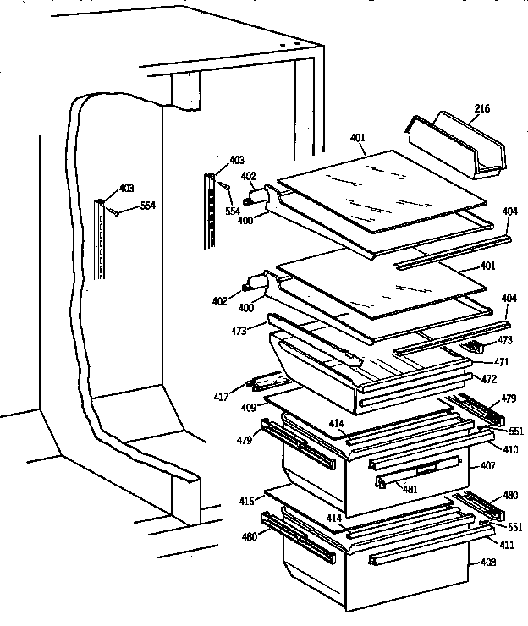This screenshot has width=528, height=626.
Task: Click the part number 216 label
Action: click(x=481, y=108)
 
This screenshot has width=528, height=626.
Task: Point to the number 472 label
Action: click(x=488, y=378)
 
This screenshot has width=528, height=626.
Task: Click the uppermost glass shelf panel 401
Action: click(x=381, y=190)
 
